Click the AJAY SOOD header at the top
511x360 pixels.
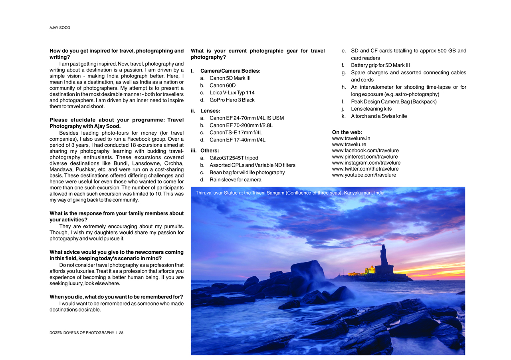pos(59,28)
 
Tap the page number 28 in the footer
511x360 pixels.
pos(121,332)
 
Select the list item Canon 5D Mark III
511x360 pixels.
pos(230,78)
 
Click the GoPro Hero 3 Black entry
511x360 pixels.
pos(232,100)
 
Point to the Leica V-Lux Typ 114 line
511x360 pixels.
pos(232,93)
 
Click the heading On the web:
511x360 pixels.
pos(347,132)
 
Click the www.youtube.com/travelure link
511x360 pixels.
pos(364,175)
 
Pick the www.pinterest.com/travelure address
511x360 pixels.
pos(364,157)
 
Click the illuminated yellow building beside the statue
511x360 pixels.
pos(370,270)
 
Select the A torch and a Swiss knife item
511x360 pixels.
pos(379,116)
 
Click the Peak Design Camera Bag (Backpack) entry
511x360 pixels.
pos(393,102)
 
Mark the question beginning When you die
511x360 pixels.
pos(116,297)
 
